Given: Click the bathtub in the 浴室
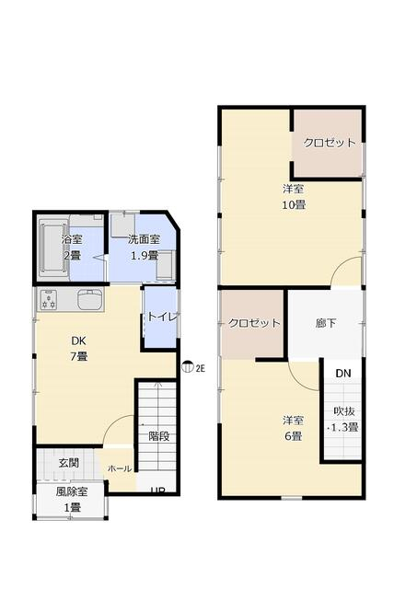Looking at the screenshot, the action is click(x=53, y=248).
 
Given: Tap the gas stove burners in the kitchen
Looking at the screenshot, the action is click(x=49, y=300).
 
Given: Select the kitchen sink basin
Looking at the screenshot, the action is click(x=90, y=299).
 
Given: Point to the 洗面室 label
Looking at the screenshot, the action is click(x=144, y=239).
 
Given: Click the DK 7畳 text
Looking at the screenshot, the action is click(x=79, y=349).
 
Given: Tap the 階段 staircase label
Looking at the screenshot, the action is click(x=159, y=436).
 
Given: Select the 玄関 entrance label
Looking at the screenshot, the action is click(x=69, y=463).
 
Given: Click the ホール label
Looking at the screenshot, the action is click(x=120, y=468).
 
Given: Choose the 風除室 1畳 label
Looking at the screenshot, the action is click(x=72, y=500).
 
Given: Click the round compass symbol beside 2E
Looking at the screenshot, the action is click(x=187, y=367).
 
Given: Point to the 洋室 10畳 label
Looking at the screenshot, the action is click(x=294, y=197).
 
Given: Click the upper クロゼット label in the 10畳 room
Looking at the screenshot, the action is click(x=330, y=143).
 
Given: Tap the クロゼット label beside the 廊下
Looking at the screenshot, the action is click(x=254, y=323).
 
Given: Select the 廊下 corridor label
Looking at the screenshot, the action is click(x=326, y=323).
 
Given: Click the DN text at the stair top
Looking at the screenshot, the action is click(x=343, y=373).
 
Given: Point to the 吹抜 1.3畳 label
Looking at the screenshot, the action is click(x=343, y=420).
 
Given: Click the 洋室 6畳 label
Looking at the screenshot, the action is click(x=293, y=429).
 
